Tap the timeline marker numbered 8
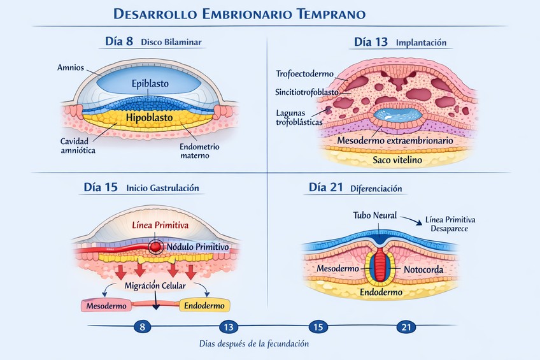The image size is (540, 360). click(x=142, y=327)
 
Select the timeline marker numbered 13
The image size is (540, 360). click(x=228, y=327)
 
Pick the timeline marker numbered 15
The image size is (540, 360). click(x=317, y=327)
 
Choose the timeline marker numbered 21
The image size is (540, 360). click(x=406, y=327)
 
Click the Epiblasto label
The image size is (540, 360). click(x=150, y=83)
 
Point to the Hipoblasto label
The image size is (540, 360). click(x=150, y=118)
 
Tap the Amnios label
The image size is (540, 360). click(x=69, y=67)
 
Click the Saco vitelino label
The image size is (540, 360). click(x=397, y=160)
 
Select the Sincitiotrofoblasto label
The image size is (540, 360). click(x=306, y=92)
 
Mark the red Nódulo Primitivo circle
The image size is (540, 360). click(x=155, y=246)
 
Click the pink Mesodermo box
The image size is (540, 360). click(x=104, y=306)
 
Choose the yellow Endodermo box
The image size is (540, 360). click(x=204, y=306)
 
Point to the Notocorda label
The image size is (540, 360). click(x=423, y=270)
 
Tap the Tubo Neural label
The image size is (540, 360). click(x=375, y=215)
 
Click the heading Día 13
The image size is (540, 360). click(x=371, y=43)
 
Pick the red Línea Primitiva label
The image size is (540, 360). click(x=160, y=225)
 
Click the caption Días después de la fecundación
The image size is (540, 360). click(x=253, y=344)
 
